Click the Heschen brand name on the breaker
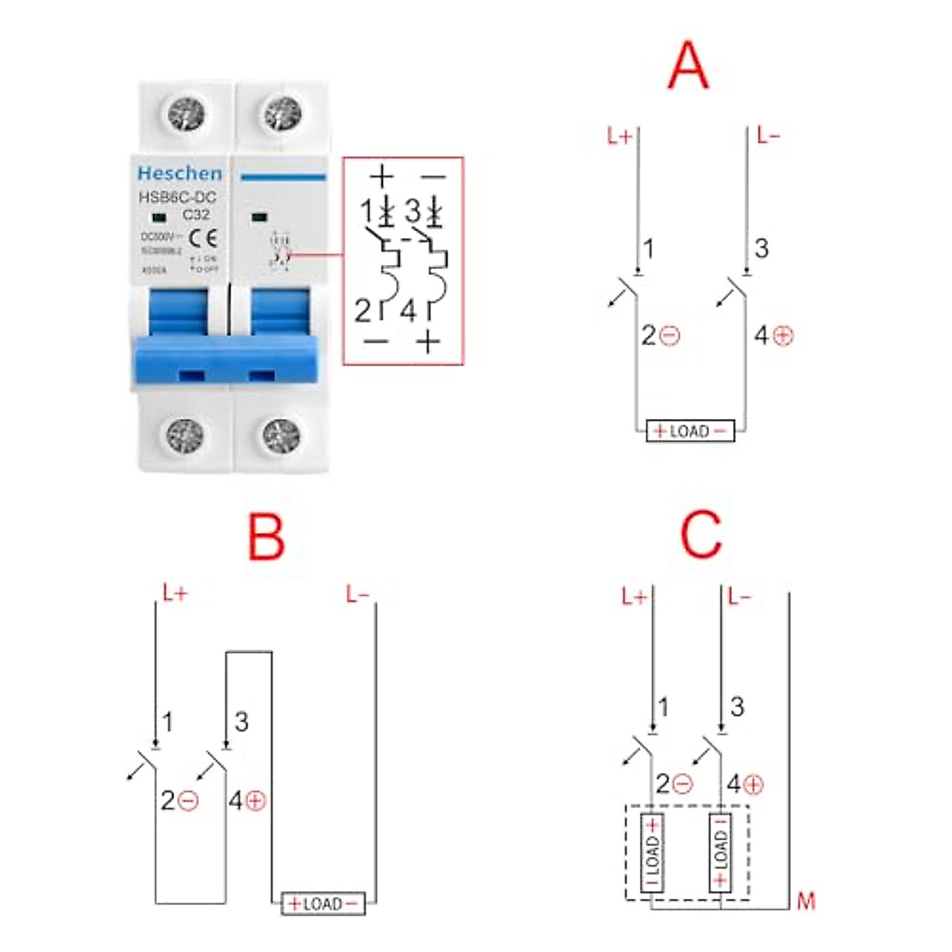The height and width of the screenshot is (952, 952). pyautogui.click(x=179, y=173)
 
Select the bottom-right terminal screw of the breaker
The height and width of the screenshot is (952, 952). pyautogui.click(x=281, y=436)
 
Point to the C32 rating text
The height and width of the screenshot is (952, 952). pyautogui.click(x=196, y=214)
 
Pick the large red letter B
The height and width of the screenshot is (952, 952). pyautogui.click(x=266, y=537)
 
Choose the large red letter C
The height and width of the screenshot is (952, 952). pyautogui.click(x=701, y=534)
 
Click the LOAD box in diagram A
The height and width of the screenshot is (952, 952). pyautogui.click(x=690, y=431)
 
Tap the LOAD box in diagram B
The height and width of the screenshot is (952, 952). pyautogui.click(x=323, y=904)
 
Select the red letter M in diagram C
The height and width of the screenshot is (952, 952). pyautogui.click(x=805, y=901)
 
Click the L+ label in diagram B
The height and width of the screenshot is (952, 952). pyautogui.click(x=175, y=593)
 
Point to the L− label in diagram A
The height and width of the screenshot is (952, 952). pyautogui.click(x=767, y=136)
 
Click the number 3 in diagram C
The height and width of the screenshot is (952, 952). pyautogui.click(x=737, y=706)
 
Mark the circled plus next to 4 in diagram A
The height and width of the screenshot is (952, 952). pyautogui.click(x=784, y=336)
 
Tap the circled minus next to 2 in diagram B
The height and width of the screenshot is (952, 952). pyautogui.click(x=189, y=800)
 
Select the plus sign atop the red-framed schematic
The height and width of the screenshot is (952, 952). pyautogui.click(x=382, y=176)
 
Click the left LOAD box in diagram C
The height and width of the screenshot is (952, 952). pyautogui.click(x=652, y=853)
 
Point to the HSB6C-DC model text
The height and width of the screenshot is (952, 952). pyautogui.click(x=177, y=198)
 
